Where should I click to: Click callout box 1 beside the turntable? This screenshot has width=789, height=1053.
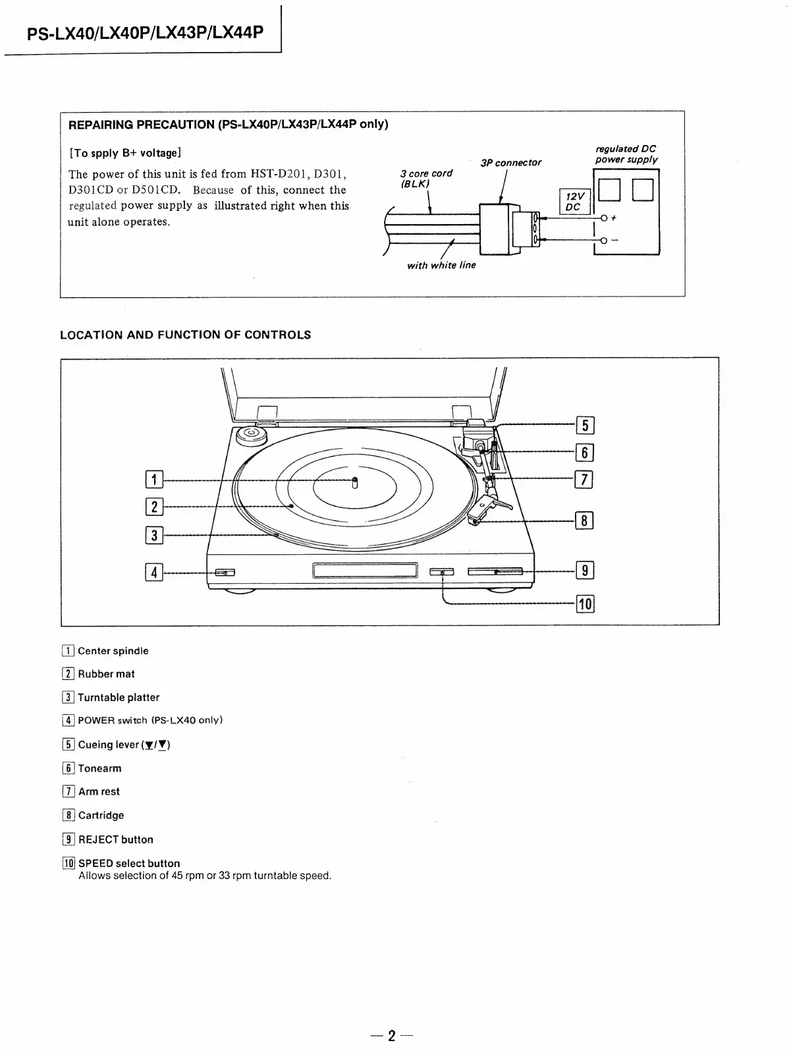coord(153,479)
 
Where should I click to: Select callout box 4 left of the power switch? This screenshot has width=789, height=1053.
coord(153,572)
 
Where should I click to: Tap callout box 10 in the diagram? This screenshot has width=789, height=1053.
coord(585,603)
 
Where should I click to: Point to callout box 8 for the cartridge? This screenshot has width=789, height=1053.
coord(584,521)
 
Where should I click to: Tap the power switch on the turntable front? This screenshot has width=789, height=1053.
coord(224,572)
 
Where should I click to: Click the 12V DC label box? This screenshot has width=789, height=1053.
coord(573,201)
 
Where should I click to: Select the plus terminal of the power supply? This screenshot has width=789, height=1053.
coord(603,218)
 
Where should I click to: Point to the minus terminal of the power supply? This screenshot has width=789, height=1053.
coord(603,240)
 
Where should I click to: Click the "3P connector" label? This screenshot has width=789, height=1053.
coord(510,163)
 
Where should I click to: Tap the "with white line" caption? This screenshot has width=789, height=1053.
coord(441,266)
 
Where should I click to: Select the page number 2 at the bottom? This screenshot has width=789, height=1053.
coord(392,1036)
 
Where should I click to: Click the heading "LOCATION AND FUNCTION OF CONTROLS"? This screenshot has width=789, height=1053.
coord(185,335)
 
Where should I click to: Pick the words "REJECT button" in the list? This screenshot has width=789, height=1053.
coord(115,840)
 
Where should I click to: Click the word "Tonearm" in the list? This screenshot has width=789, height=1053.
coord(99,768)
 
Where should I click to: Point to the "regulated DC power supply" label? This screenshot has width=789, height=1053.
coord(626,154)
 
